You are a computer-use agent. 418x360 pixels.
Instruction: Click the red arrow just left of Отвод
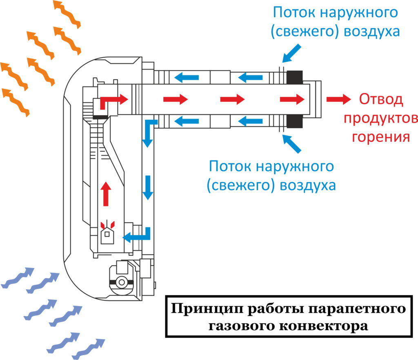tap(338, 99)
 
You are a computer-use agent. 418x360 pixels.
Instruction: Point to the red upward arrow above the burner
tap(106, 193)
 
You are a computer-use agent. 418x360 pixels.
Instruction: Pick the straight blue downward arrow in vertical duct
tap(148, 188)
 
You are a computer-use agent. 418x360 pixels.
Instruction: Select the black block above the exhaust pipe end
tap(294, 76)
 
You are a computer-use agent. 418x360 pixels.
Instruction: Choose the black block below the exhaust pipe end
tap(294, 121)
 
